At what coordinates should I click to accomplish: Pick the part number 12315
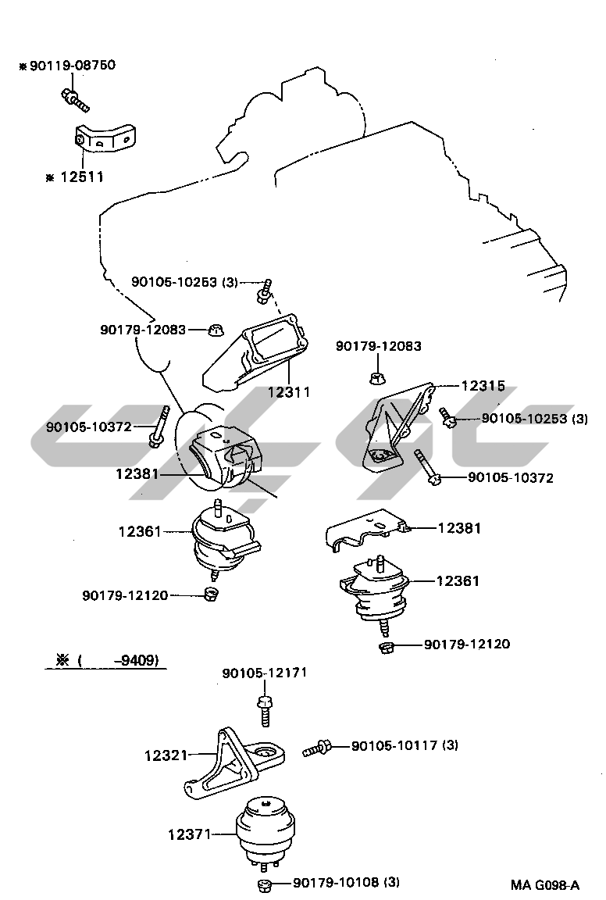point(482,386)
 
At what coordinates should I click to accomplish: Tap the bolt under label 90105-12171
point(264,707)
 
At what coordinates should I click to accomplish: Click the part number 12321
point(166,755)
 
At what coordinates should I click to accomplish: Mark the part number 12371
point(189,834)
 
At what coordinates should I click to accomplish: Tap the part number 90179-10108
point(346,882)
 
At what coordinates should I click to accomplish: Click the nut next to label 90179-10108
point(264,884)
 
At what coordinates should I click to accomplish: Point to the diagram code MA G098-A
point(545,885)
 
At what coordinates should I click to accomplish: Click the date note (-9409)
point(107,660)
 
